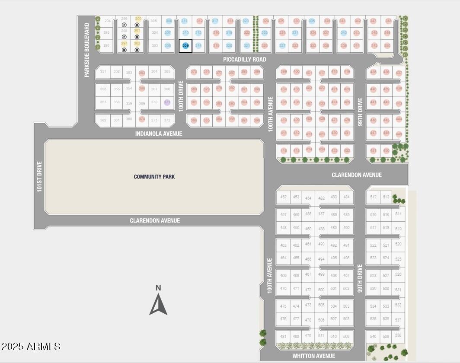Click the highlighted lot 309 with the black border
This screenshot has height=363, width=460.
[185, 46]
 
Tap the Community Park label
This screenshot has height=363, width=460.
[154, 177]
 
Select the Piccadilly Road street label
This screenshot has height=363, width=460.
[245, 59]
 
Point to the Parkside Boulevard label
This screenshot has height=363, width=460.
[87, 50]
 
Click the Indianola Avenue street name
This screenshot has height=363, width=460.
[159, 134]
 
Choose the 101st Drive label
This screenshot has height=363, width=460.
[39, 176]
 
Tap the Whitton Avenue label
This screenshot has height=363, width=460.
[313, 356]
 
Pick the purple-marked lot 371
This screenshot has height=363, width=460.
[167, 102]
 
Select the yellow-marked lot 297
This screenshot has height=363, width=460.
[124, 43]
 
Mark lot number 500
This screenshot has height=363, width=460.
[321, 290]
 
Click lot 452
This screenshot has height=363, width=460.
[283, 197]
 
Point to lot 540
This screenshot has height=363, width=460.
[373, 337]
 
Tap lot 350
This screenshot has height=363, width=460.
[387, 45]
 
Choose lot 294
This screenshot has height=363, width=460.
[108, 21]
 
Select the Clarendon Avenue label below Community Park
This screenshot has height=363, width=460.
[155, 221]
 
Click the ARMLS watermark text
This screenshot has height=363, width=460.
[31, 347]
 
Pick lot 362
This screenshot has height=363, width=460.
[103, 121]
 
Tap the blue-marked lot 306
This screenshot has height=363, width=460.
[169, 21]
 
